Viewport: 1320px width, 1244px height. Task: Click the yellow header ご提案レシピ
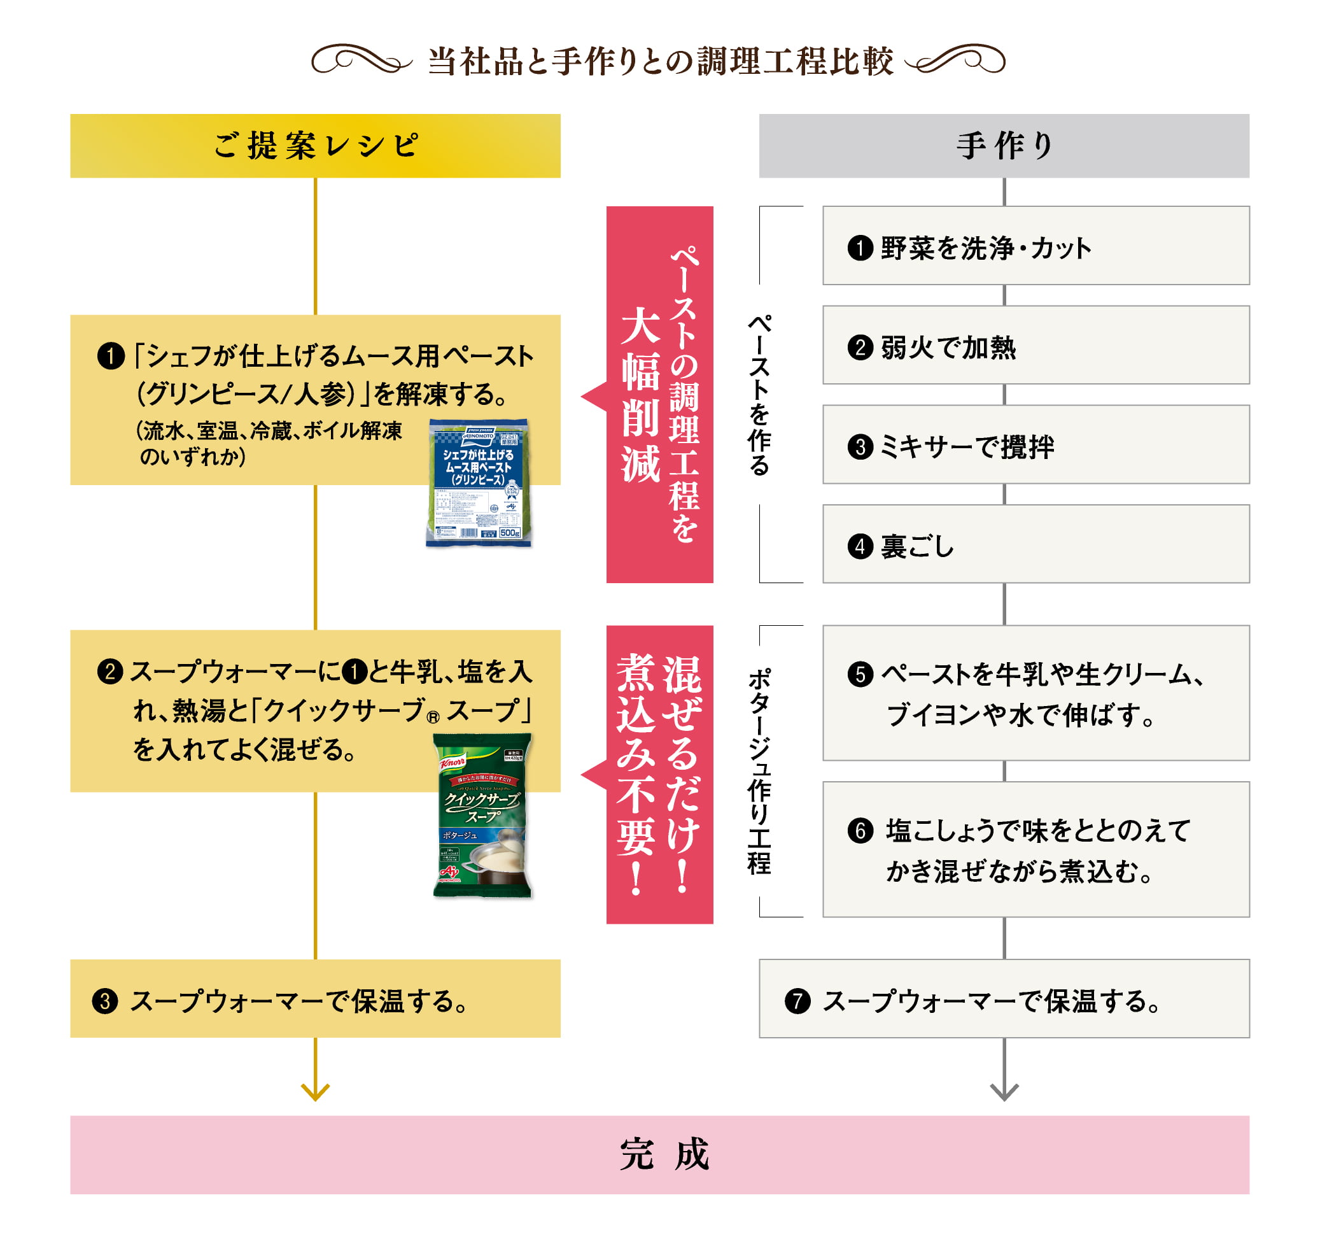tap(316, 145)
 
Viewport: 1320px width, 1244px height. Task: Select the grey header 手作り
tap(1003, 145)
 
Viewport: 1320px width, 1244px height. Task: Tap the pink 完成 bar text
tap(664, 1154)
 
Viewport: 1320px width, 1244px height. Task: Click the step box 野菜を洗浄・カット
tap(1035, 246)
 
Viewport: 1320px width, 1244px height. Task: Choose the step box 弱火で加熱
tap(1035, 345)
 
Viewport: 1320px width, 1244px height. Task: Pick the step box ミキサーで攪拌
tap(1035, 445)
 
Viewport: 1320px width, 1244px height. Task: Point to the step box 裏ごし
tap(1035, 544)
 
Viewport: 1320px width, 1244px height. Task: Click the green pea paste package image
tap(478, 483)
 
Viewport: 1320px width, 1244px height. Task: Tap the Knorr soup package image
tap(482, 816)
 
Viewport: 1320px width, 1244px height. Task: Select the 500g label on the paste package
tap(510, 534)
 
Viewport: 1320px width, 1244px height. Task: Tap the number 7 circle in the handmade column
tap(797, 1001)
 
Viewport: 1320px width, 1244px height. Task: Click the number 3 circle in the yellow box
tap(105, 1001)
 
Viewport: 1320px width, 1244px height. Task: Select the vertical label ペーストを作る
tap(759, 395)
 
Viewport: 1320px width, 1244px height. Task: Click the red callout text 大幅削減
tap(641, 395)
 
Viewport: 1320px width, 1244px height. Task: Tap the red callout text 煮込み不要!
tap(636, 774)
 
